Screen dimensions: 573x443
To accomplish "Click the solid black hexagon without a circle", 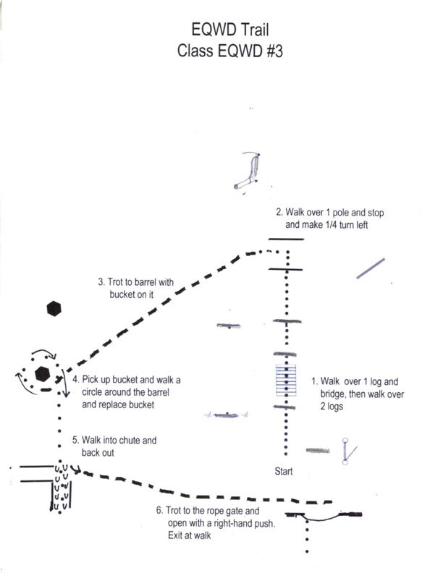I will [53, 308].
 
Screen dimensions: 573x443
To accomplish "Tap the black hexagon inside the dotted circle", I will [43, 374].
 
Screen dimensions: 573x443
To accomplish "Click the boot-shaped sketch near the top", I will [249, 174].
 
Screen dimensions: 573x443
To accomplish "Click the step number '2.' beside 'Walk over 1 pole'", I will [279, 213].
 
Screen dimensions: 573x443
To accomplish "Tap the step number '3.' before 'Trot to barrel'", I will [101, 281].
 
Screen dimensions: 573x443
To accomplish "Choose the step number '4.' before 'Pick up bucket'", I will [75, 379].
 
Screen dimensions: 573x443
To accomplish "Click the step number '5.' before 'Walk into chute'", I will [75, 439].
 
